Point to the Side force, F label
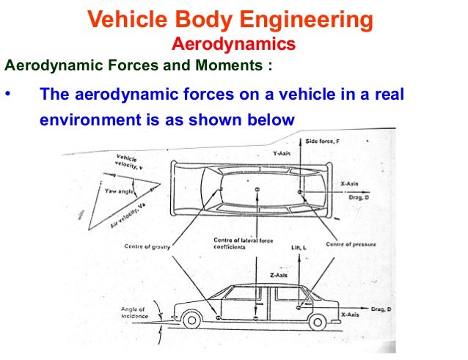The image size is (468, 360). coord(321,139)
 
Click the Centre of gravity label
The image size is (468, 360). coord(146,246)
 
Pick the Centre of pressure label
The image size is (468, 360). coord(351,243)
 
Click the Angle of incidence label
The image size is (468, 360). coord(134,313)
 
